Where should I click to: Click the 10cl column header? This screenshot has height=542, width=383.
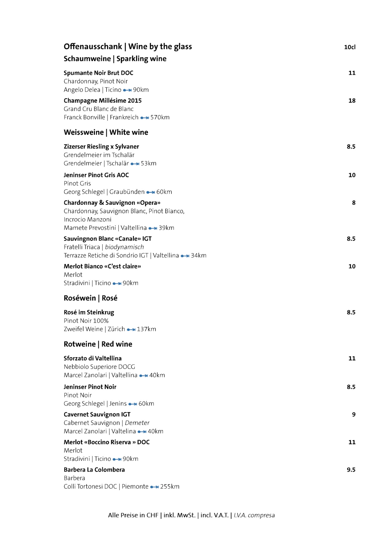coord(349,47)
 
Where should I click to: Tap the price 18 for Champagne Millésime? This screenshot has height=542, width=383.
coord(352,101)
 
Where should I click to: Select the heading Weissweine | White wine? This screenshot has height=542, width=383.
coord(106,132)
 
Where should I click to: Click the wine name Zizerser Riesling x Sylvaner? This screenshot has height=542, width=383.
coord(101,146)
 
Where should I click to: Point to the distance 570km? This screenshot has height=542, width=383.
coord(160,117)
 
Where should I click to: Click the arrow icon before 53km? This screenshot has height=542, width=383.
coord(135,164)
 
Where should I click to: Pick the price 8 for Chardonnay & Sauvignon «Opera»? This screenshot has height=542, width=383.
coord(354,203)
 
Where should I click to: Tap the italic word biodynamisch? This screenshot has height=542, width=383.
coord(124,247)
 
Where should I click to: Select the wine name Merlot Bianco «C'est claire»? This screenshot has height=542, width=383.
coord(102,266)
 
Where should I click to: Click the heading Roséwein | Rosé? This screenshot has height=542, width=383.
coord(91,298)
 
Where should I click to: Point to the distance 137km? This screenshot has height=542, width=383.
coord(146,329)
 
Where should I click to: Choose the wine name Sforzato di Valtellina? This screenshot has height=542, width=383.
coord(92,358)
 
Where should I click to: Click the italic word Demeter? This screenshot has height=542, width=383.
coord(137,423)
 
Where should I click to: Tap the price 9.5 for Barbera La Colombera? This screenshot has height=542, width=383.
coord(351,470)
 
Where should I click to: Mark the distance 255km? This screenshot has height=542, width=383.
coord(170,486)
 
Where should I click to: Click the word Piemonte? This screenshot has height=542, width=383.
coord(135,486)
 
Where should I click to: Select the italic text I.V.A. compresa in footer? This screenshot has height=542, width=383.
coord(254,515)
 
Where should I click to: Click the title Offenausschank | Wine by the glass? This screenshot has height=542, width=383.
coord(128,47)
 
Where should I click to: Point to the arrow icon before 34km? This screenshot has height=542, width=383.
coord(185,256)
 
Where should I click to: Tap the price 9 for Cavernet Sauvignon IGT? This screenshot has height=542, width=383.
coord(354,414)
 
